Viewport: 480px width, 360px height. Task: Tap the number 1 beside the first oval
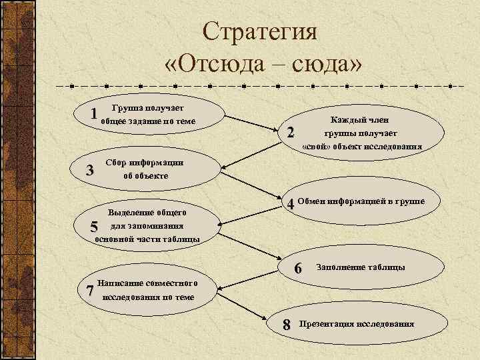pyautogui.click(x=95, y=115)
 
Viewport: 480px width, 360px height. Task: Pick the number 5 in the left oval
pyautogui.click(x=94, y=227)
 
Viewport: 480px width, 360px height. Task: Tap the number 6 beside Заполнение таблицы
pyautogui.click(x=299, y=267)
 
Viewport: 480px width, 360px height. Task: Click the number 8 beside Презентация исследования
pyautogui.click(x=287, y=325)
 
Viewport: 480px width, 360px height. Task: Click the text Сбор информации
pyautogui.click(x=146, y=163)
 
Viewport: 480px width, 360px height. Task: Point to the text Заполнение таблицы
pyautogui.click(x=361, y=267)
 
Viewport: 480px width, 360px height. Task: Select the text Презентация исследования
pyautogui.click(x=357, y=324)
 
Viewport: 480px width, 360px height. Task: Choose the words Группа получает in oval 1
pyautogui.click(x=149, y=107)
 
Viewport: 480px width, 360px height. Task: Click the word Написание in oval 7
pyautogui.click(x=125, y=283)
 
